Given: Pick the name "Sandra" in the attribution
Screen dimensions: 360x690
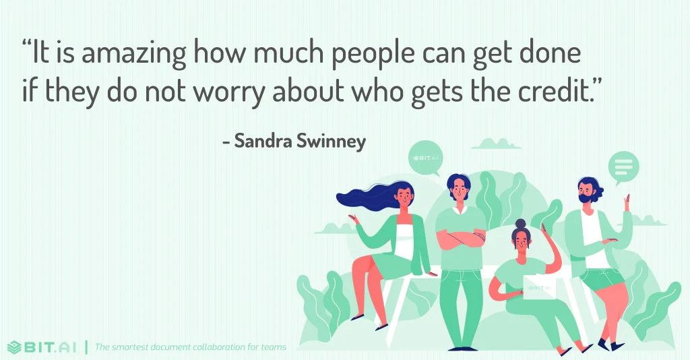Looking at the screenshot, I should click(x=263, y=142).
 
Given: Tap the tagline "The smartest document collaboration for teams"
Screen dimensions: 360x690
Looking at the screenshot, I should click(x=191, y=347).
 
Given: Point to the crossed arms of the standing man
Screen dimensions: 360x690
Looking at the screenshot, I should click(x=460, y=237).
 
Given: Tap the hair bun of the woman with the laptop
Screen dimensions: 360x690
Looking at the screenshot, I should click(x=520, y=223).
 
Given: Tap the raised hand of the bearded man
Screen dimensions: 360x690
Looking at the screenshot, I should click(x=627, y=200).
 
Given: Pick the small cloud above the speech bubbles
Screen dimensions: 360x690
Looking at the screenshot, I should click(x=497, y=144).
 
